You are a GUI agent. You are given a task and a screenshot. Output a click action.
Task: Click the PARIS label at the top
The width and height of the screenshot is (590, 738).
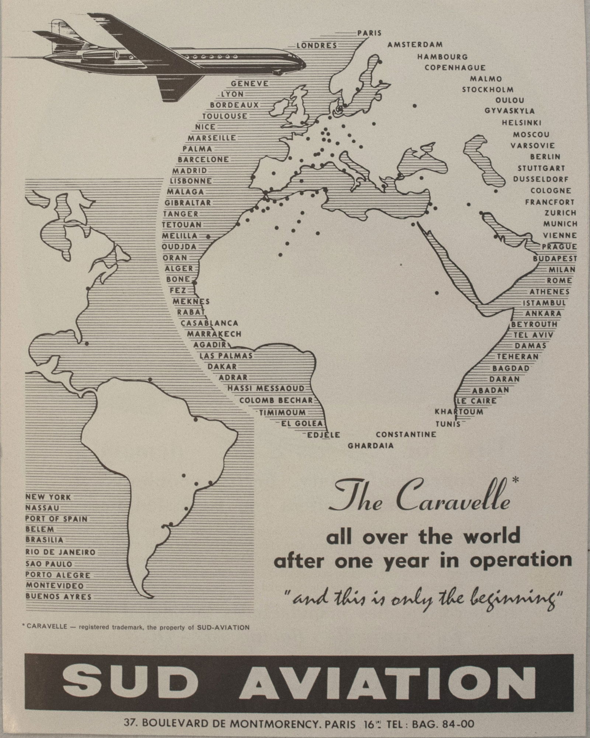pos(369,33)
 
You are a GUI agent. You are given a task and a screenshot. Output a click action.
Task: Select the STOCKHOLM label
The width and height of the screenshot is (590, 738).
pos(488,90)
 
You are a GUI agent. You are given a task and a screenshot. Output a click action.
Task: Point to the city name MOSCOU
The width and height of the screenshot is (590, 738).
pos(531,134)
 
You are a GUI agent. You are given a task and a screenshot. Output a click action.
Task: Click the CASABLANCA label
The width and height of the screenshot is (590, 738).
pos(209,323)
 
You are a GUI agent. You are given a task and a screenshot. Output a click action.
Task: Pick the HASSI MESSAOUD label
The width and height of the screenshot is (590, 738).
pos(266,388)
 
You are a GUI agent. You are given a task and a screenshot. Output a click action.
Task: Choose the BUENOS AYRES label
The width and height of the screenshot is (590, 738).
pos(58,597)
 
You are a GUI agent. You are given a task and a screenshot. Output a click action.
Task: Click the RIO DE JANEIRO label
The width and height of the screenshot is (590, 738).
pos(60,552)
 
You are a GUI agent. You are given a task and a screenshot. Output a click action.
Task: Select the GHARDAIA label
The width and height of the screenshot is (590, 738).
pos(371,446)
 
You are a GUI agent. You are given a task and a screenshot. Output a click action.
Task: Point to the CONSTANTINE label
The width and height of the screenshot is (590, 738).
pos(406,434)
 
